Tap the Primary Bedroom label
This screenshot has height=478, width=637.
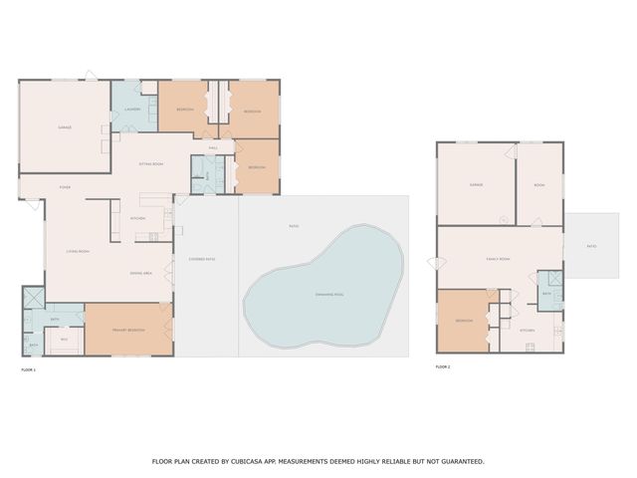click(x=129, y=330)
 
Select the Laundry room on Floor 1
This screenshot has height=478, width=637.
click(x=131, y=108)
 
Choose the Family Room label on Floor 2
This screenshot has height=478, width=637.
click(x=498, y=259)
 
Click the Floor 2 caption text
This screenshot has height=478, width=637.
click(x=443, y=367)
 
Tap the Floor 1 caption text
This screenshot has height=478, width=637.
click(x=28, y=369)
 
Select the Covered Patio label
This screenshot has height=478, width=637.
click(x=202, y=259)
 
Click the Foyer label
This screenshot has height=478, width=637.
click(x=65, y=186)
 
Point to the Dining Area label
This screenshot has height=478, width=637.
click(x=140, y=273)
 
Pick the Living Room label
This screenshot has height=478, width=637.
click(x=79, y=251)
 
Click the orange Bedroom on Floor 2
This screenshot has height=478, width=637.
click(x=465, y=321)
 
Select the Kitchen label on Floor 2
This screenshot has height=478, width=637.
click(x=528, y=330)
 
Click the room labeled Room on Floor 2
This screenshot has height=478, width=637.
click(x=539, y=185)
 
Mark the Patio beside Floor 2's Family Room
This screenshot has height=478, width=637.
click(x=591, y=246)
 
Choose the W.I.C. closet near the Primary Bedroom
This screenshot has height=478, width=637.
click(x=64, y=340)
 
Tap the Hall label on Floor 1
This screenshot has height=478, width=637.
click(x=213, y=148)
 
